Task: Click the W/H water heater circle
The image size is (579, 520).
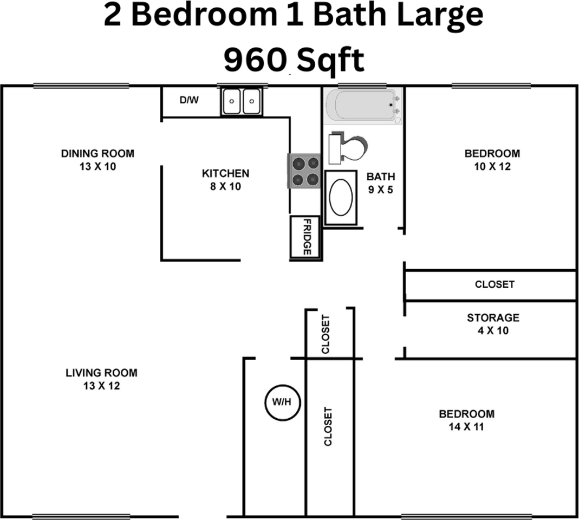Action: point(283,402)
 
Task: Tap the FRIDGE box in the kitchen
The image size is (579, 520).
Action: point(307,237)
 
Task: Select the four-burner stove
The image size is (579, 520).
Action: point(304,171)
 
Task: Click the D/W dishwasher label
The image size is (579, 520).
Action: point(189,100)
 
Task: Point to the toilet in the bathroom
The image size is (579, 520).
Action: point(347,148)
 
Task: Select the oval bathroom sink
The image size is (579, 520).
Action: point(341,197)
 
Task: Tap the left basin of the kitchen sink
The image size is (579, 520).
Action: point(232,101)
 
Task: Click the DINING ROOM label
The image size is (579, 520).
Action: point(97,153)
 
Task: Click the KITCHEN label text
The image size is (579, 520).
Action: point(225,173)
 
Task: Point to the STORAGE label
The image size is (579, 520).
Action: point(493,317)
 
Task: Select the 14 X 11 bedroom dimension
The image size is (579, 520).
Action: point(466,427)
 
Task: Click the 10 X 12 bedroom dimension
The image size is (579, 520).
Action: point(492,167)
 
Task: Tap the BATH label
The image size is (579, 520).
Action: point(381,177)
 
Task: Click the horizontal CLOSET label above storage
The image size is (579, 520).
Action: point(495,284)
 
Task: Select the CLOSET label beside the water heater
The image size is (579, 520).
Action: point(328,426)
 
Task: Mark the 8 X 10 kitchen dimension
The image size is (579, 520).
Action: point(225,187)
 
